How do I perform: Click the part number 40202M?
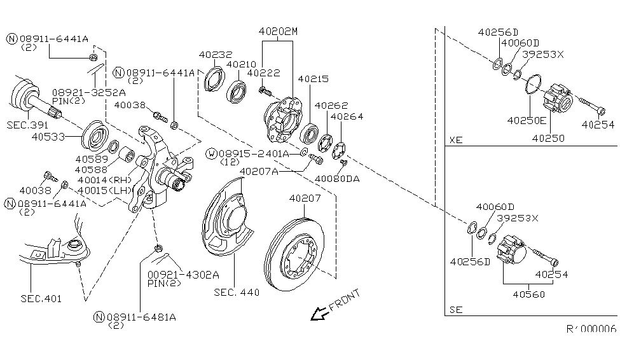[x=278, y=31]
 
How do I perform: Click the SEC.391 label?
[x=27, y=125]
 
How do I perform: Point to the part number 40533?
[x=48, y=137]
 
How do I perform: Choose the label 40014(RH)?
[x=104, y=180]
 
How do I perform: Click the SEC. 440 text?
[x=237, y=293]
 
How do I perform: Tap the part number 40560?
[x=528, y=294]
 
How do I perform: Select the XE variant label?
[x=456, y=140]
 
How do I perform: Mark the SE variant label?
[x=456, y=310]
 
